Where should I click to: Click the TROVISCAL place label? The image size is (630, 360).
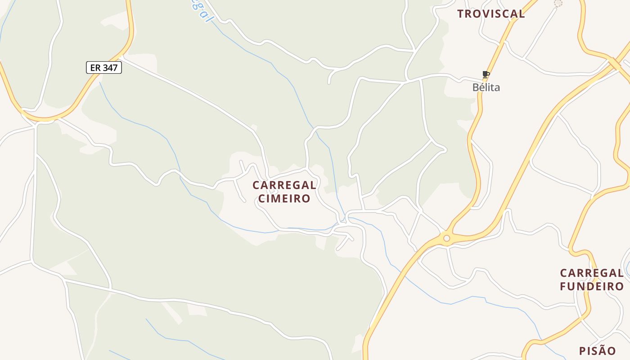coord(491,13)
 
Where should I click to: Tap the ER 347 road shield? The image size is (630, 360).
coord(104,68)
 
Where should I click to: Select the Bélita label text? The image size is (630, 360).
coord(486,87)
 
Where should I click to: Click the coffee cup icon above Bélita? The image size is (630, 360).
coord(486,74)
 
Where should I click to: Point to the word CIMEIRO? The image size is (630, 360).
coord(284,198)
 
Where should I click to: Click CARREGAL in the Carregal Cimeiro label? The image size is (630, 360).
coord(284,185)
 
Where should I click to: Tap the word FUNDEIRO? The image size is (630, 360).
coord(592,286)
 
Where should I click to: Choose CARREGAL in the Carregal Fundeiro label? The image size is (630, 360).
coord(592,273)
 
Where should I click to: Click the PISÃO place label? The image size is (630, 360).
coord(597,351)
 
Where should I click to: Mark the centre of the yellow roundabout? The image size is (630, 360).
coord(446,238)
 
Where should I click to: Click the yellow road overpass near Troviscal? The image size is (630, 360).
coord(614,63)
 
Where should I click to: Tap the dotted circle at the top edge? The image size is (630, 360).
coord(558,3)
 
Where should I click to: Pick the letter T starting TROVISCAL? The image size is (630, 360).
coord(460,14)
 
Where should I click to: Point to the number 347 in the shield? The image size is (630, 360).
coord(110,68)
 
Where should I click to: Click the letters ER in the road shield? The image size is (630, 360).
coord(95,68)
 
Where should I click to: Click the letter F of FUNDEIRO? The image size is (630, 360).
coord(563,286)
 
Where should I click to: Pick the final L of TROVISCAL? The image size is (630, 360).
coord(522,14)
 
